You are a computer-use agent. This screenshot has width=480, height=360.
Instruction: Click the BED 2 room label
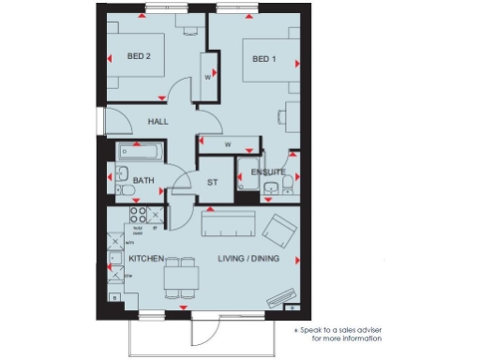[140, 56]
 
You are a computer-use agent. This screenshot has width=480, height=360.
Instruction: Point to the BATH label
[142, 180]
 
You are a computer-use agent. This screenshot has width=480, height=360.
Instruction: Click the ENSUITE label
[267, 172]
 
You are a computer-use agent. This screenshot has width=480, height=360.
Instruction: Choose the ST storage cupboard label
[211, 182]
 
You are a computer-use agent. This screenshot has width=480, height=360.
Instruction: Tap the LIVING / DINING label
[249, 258]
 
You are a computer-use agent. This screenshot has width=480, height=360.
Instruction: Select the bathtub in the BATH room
[140, 152]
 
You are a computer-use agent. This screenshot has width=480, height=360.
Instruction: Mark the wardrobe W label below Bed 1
[227, 143]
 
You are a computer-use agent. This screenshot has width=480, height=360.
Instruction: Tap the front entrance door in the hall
[116, 122]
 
